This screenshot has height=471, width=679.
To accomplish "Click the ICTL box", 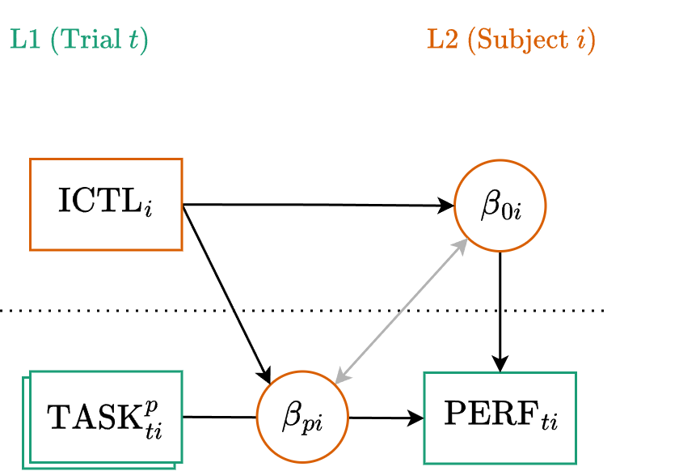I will coord(106,203).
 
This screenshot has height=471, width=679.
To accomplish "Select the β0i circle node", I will coord(500,206).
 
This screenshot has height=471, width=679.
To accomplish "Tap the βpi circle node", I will coord(302,418).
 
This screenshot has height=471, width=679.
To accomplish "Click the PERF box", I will coord(500,418).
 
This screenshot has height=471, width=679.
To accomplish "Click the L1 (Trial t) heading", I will coord(78,40).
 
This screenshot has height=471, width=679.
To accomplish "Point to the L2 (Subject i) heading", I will coord(510,40).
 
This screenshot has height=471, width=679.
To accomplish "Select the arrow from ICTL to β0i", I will coord(315,205).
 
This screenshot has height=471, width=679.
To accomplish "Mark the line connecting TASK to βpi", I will coord(220,417).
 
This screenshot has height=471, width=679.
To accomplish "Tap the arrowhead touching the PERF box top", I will coord(500,364).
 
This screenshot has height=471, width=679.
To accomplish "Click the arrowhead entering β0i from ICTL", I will coord(446,206).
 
